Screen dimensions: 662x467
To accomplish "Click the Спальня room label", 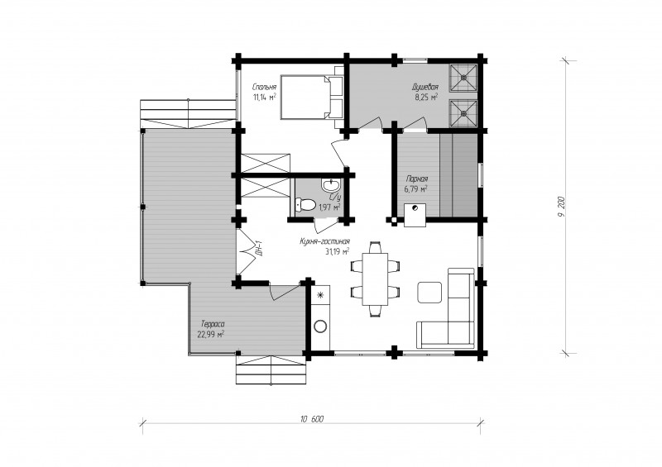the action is click(264, 88).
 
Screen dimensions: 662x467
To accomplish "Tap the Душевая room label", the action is click(425, 88).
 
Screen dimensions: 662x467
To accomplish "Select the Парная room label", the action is click(416, 179).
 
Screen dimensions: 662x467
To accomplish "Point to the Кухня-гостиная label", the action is click(324, 241).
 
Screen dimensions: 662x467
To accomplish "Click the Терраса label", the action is click(213, 324).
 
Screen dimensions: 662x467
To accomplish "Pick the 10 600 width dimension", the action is click(312, 419).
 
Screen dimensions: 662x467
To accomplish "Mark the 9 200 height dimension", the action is click(561, 207).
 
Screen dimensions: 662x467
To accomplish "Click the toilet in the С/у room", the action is click(305, 205).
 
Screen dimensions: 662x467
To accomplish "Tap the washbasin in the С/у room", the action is click(331, 185).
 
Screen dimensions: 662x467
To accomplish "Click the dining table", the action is click(375, 279).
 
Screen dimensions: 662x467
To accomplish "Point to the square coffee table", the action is click(429, 293).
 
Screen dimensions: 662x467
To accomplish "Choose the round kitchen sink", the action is click(320, 326).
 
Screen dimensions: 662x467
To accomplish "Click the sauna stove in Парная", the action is click(415, 215).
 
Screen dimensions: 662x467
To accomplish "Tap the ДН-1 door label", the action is click(259, 248).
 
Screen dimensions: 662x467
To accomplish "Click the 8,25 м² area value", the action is click(425, 97).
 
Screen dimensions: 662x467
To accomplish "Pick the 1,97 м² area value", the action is click(329, 207).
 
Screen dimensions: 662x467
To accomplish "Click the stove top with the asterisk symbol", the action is click(320, 295).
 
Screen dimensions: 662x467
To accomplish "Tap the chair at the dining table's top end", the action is click(375, 247).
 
